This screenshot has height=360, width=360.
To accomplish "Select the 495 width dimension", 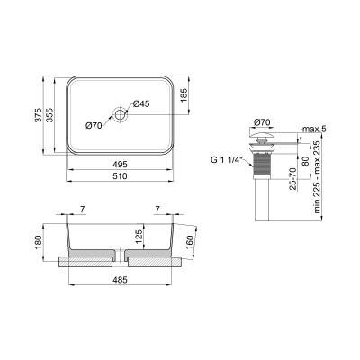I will (x=119, y=164).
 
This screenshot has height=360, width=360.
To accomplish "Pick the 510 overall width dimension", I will (x=119, y=176).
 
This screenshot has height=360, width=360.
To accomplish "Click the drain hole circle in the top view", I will (x=119, y=114).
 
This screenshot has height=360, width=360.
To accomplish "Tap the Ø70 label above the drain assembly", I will (x=264, y=121).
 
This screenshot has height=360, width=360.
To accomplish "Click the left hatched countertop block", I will (x=85, y=263).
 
